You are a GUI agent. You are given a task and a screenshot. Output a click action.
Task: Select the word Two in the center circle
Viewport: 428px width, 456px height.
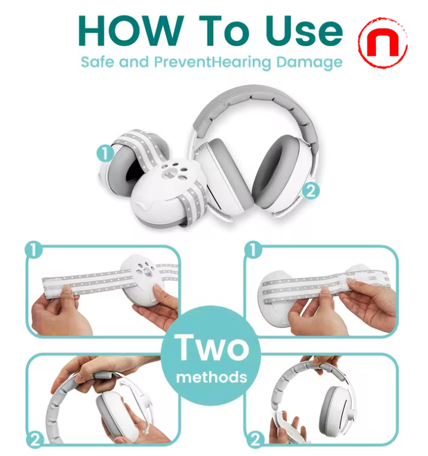(213, 348)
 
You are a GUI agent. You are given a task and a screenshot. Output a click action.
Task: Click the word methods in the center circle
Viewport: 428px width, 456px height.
(212, 378)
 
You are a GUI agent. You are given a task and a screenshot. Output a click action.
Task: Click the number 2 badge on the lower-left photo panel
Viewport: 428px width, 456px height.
(35, 441)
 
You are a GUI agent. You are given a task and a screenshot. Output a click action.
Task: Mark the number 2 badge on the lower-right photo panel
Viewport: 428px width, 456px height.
(254, 441)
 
